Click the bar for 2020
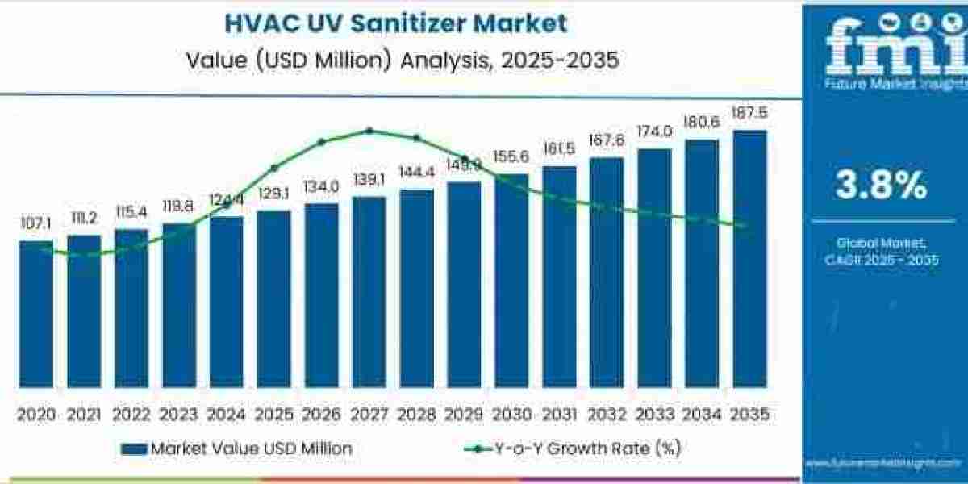coord(36,315)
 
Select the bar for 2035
coord(749,258)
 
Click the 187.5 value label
coord(749,112)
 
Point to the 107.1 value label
coord(36,223)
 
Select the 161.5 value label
coord(559,148)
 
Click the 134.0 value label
coord(321,186)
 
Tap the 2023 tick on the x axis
coord(178,415)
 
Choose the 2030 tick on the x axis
coord(511,415)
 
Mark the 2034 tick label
coord(702,415)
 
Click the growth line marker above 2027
coord(369,130)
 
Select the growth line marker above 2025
coord(274,168)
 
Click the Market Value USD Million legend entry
coord(238,449)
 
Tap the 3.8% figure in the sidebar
coord(881,186)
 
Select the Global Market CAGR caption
coord(881,251)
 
